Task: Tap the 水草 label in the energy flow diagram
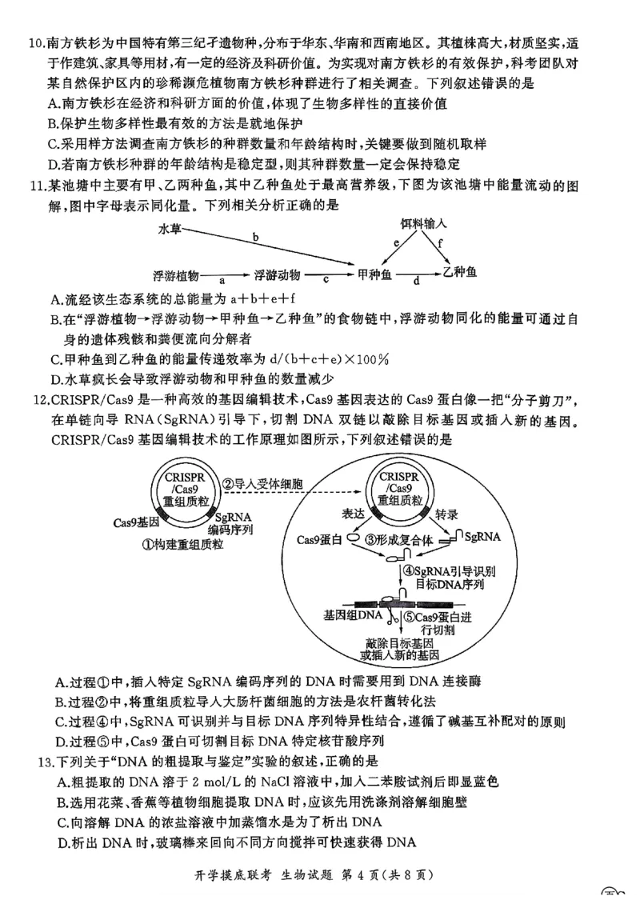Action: tap(170, 229)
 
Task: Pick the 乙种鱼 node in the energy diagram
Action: tap(458, 273)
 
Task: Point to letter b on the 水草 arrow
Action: tap(255, 238)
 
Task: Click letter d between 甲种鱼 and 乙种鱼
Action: tap(417, 282)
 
